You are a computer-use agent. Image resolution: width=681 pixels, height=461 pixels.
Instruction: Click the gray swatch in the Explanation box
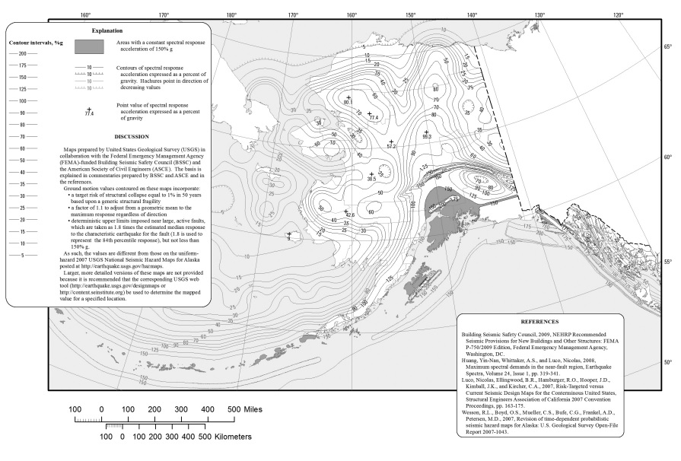coord(89,46)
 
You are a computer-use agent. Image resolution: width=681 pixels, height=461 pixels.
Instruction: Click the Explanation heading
coord(107,30)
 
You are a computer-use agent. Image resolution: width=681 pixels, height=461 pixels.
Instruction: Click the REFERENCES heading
coord(539,322)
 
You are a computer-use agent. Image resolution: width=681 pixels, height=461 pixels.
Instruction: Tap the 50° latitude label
coord(667,362)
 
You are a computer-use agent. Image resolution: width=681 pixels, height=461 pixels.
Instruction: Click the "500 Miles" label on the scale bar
coord(244,409)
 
